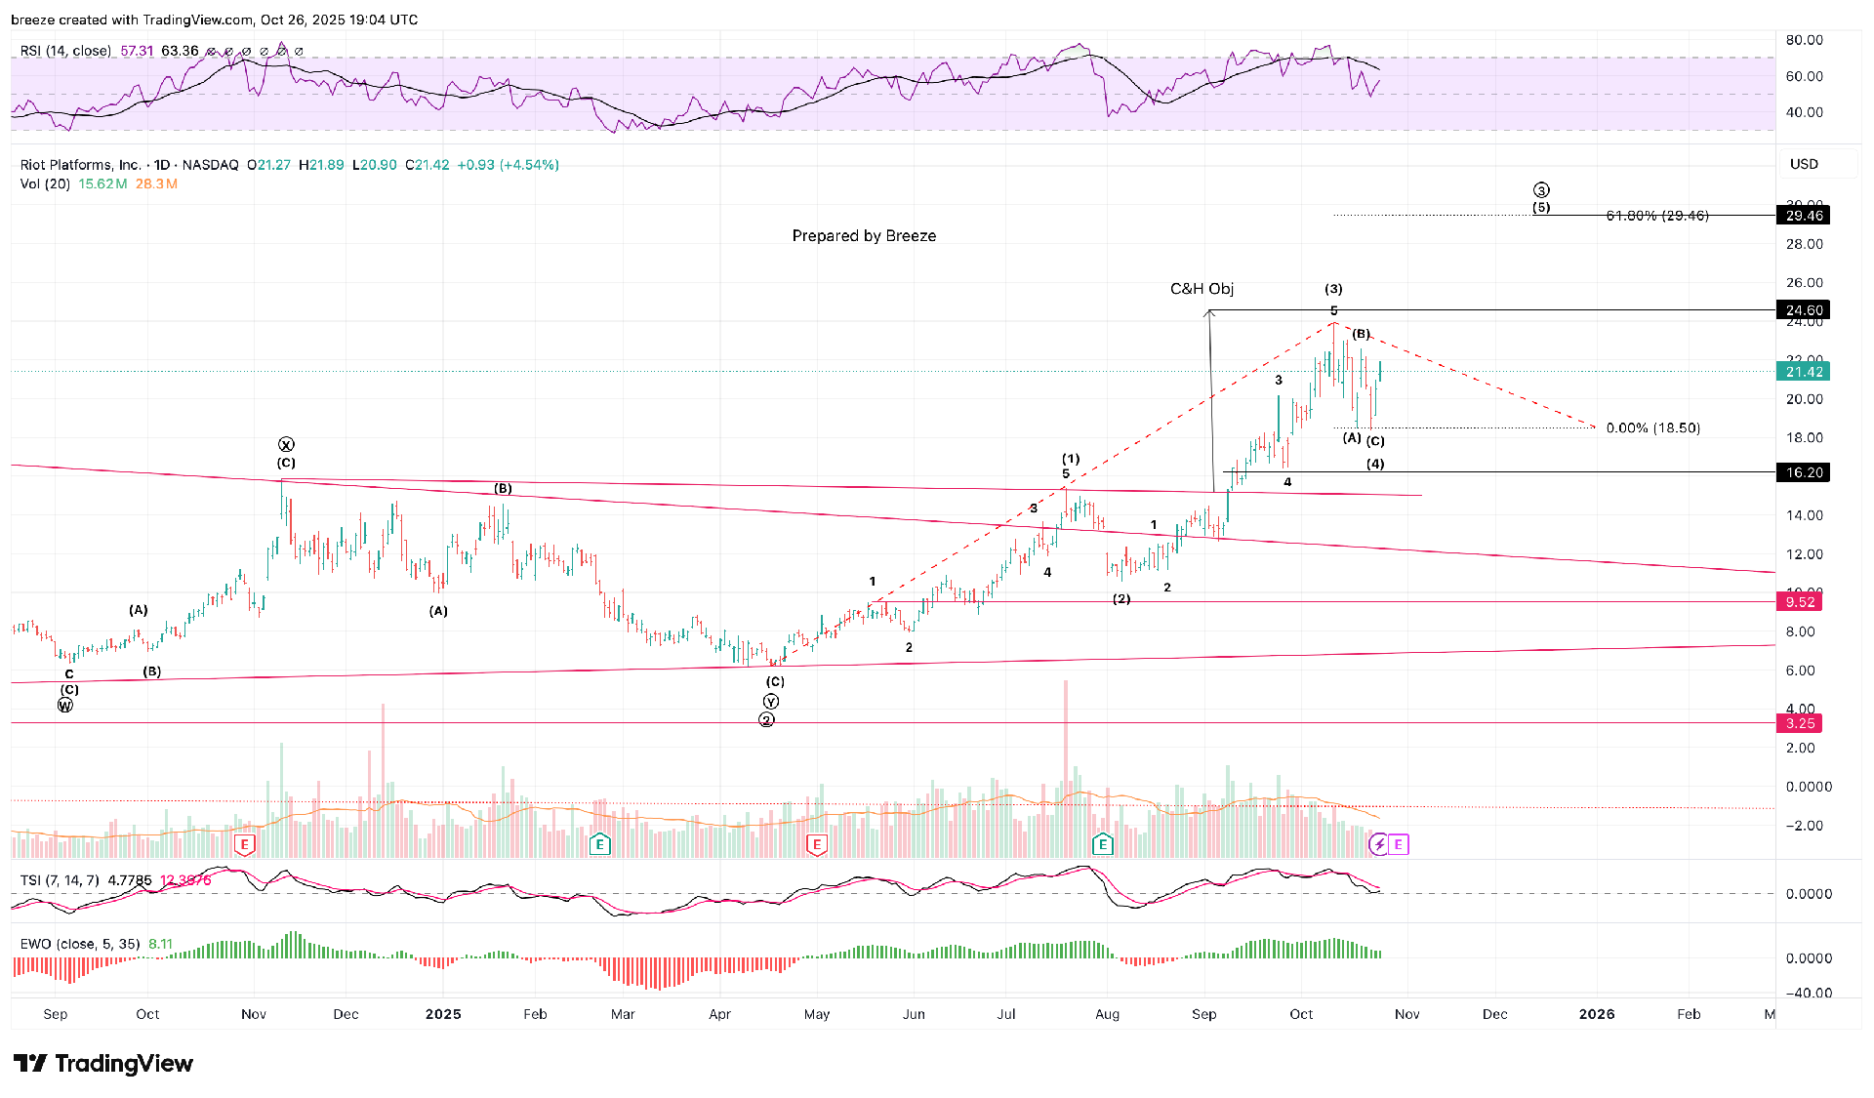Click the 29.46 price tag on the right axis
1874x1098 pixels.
click(1803, 216)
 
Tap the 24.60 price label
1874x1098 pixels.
click(1803, 310)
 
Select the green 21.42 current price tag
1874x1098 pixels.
click(1803, 372)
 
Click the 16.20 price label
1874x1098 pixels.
click(1803, 472)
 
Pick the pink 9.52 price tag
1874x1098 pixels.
click(1799, 602)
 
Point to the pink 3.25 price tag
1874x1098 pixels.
click(1799, 723)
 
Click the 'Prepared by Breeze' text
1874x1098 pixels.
click(864, 236)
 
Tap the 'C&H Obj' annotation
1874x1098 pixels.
click(1202, 289)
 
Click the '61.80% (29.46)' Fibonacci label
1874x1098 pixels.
click(1656, 216)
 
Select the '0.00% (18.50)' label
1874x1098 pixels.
click(1652, 428)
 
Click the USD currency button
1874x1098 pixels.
click(1804, 164)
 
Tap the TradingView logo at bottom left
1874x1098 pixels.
click(103, 1063)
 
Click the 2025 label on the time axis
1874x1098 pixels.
click(443, 1014)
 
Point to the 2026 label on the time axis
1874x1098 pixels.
click(1597, 1014)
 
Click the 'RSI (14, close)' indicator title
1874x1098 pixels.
click(65, 51)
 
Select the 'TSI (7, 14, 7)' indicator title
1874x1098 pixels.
click(60, 880)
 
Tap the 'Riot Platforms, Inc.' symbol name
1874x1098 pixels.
click(80, 165)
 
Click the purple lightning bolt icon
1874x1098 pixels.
click(1378, 844)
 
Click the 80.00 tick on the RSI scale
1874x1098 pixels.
click(1804, 40)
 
